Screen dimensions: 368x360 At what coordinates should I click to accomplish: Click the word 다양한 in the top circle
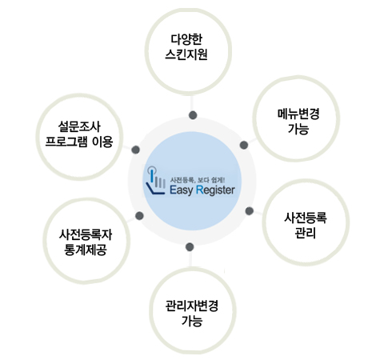pos(186,39)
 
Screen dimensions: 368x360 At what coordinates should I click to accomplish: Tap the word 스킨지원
pos(186,54)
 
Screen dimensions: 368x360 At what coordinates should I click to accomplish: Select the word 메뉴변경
pos(298,114)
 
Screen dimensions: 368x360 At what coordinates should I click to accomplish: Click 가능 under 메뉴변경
pos(298,129)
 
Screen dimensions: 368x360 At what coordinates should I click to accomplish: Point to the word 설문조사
pos(79,126)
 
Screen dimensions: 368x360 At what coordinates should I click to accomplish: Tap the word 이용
pos(102,142)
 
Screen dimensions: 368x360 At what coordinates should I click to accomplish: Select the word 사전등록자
pos(86,234)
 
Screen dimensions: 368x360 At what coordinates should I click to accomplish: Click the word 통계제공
pos(86,250)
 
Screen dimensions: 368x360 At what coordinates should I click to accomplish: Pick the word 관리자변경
pos(192,306)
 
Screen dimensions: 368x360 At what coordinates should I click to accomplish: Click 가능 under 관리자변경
pos(192,321)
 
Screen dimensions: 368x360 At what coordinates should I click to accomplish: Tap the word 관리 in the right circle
pos(306,233)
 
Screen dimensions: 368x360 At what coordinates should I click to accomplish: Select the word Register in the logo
pos(215,190)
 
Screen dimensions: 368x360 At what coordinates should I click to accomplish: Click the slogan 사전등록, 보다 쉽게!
pos(198,180)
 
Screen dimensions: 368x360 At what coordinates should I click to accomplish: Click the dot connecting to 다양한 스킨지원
pos(193,115)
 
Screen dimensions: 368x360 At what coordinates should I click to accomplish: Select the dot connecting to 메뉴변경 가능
pos(244,145)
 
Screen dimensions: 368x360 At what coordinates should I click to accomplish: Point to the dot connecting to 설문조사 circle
pos(135,150)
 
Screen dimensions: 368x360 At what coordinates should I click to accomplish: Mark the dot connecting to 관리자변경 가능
pos(190,247)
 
